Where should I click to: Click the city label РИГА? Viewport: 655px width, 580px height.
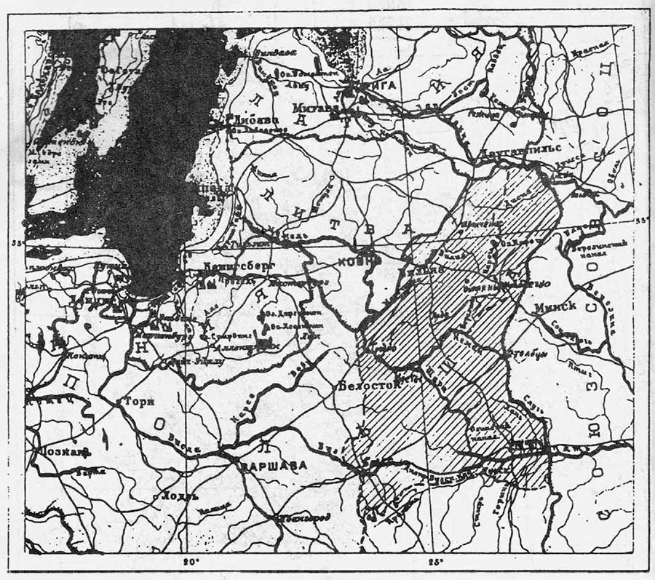[x=380, y=85]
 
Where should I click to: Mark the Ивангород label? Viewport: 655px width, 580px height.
[x=306, y=518]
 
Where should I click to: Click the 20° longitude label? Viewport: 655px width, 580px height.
[x=190, y=561]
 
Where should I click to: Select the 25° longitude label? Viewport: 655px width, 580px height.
[x=434, y=561]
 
